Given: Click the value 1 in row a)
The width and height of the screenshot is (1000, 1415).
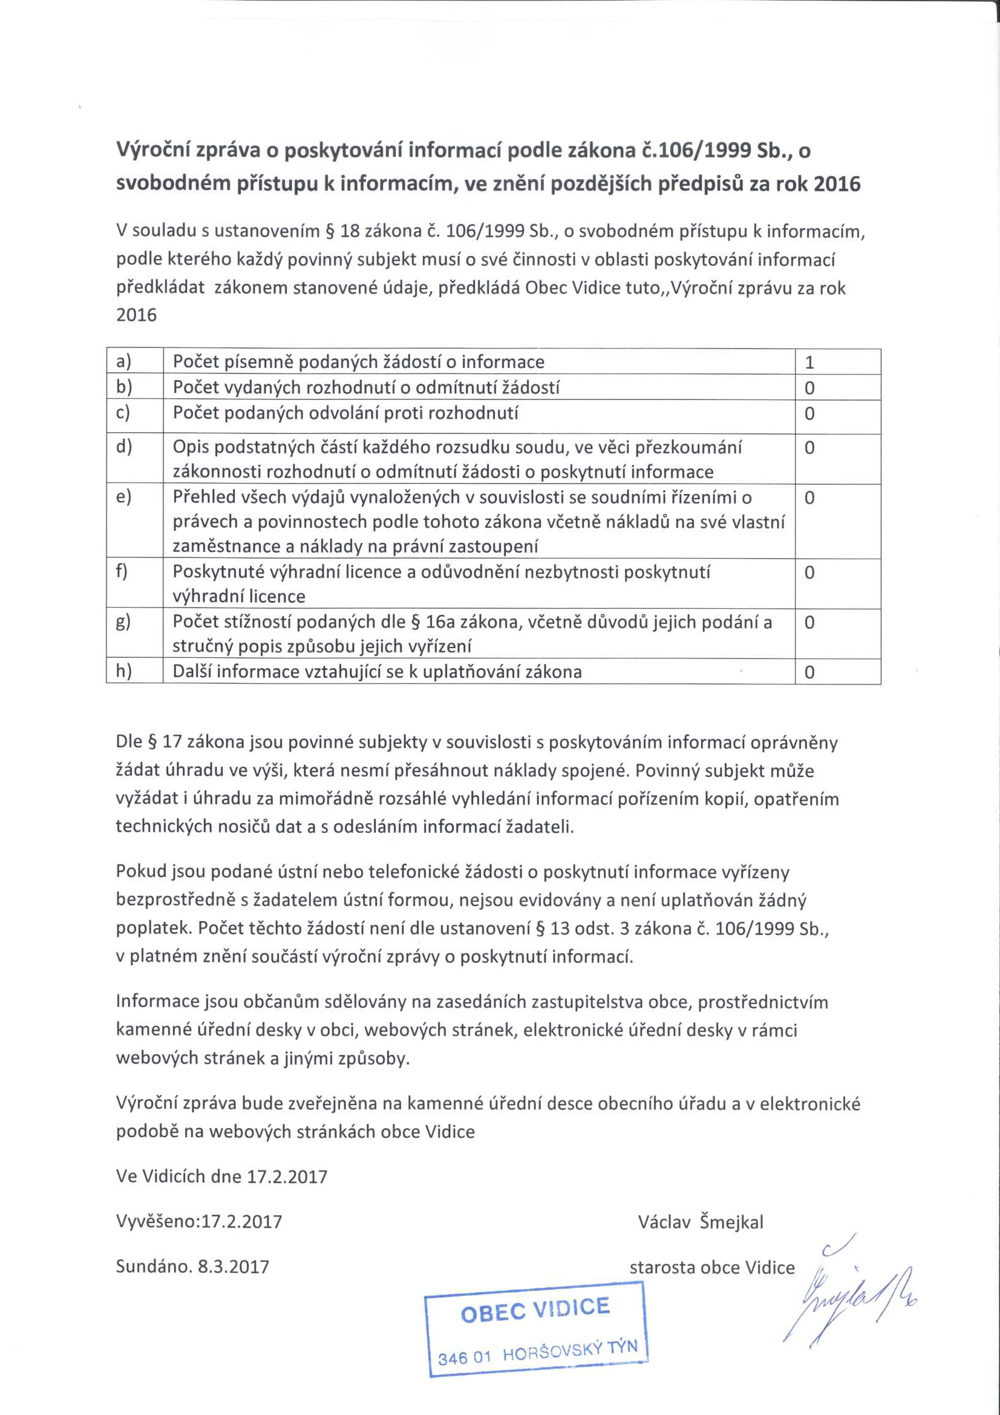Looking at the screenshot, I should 809,363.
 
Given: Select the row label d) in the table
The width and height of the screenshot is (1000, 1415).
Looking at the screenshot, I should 123,446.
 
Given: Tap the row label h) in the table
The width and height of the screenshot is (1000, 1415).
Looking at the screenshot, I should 123,671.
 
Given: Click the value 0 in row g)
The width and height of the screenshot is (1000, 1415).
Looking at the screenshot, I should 809,622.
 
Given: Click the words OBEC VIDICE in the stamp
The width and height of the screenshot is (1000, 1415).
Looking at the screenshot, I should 535,1310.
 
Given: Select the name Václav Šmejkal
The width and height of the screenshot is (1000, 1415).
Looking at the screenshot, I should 701,1222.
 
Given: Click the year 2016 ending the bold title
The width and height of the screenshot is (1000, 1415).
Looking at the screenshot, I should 837,183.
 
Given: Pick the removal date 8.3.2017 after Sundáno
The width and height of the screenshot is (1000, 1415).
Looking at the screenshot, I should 233,1267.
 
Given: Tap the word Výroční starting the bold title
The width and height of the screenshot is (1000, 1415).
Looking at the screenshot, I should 154,150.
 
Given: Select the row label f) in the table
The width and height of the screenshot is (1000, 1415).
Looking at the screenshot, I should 122,571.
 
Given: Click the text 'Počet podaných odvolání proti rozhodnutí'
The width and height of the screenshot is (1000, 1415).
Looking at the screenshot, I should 345,413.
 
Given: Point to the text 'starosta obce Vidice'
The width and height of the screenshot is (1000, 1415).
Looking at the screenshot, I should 711,1268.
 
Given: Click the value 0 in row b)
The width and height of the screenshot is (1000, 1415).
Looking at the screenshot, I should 809,388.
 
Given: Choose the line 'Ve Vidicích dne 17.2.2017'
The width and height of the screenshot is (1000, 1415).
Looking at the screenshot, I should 221,1177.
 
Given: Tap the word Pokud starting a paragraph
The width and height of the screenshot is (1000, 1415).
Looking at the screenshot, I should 140,872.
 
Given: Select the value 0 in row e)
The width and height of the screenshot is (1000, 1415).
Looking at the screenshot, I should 809,497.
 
